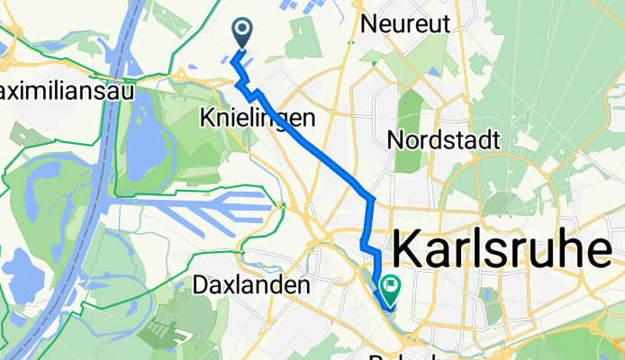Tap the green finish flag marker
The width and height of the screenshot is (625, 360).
point(392,290)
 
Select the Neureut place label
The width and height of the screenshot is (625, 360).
point(403,25)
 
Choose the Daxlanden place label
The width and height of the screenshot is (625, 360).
point(251,285)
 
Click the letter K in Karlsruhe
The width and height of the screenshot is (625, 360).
point(409,247)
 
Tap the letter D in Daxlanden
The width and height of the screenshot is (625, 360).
point(200,285)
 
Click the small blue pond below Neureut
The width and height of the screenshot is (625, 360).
point(436,70)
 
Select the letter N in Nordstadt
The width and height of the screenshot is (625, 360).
point(394,140)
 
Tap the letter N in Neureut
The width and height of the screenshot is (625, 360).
point(367,25)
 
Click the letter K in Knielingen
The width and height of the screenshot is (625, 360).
point(205,118)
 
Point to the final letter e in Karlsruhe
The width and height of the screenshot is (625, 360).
point(611,247)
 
